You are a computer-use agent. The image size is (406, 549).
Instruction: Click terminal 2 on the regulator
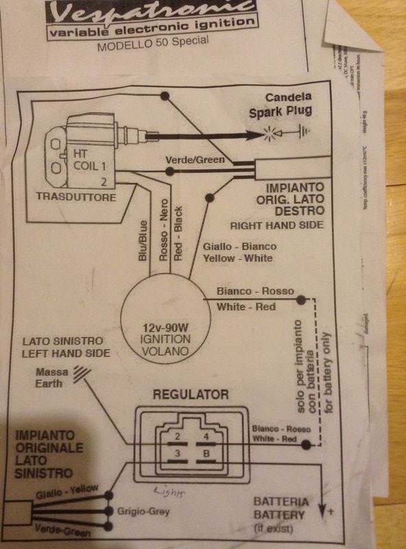[177, 437]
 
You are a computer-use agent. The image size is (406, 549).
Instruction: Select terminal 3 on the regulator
[177, 454]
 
